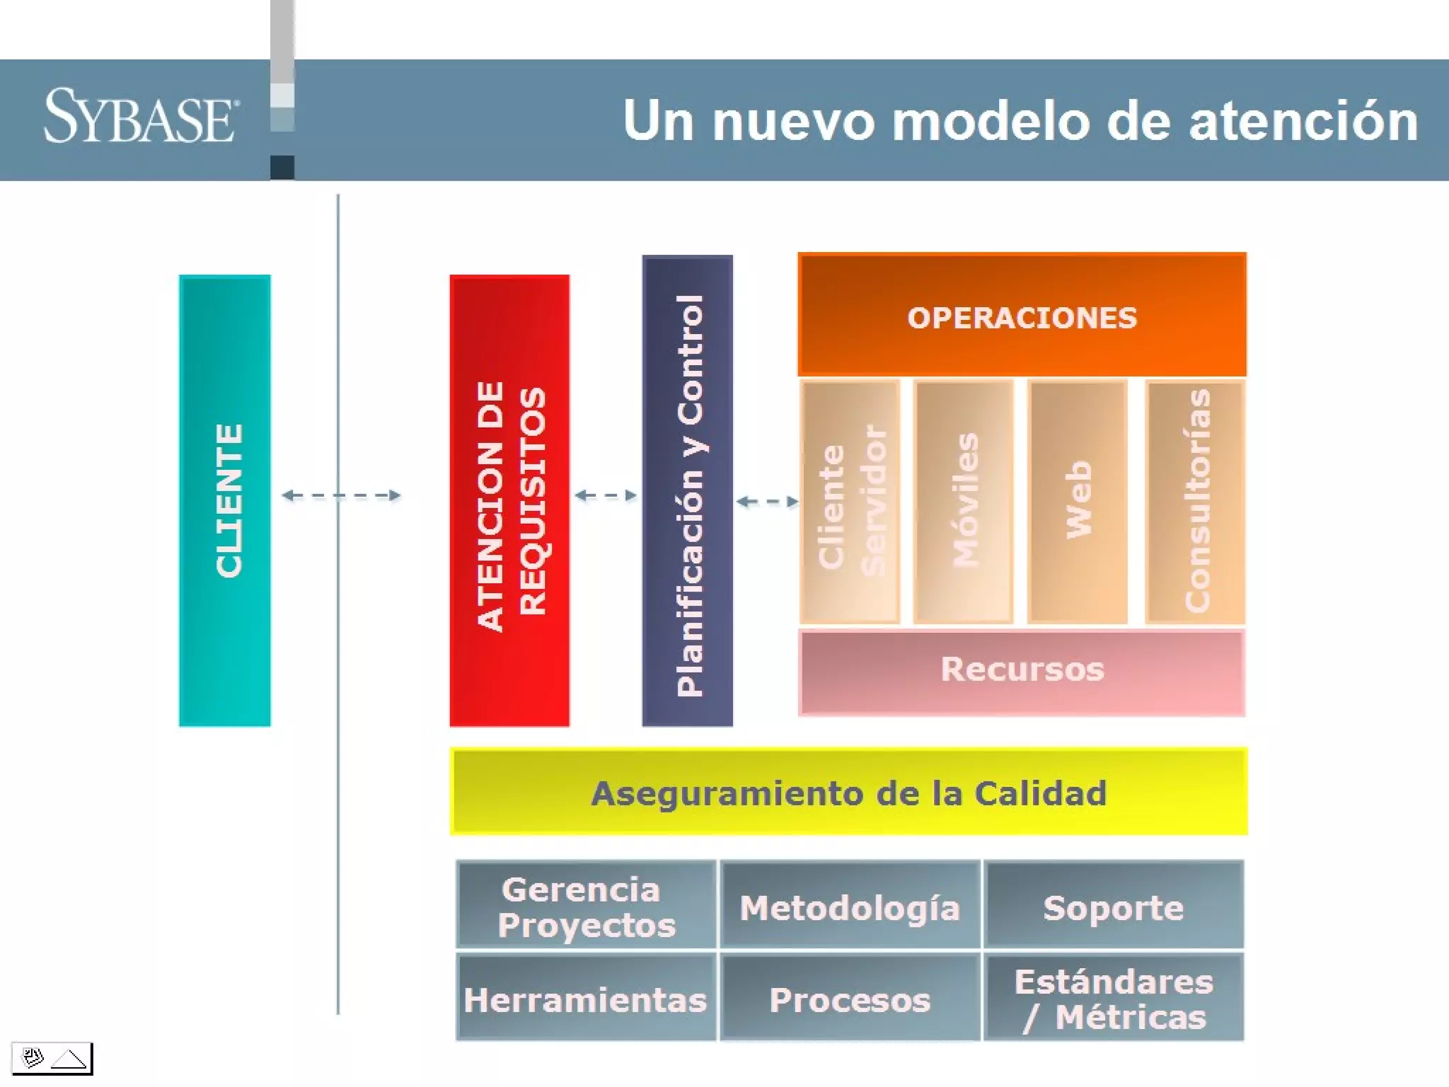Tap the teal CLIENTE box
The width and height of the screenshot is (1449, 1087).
coord(225,500)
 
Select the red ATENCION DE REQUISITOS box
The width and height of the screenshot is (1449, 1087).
coord(509,500)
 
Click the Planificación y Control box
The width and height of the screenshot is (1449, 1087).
coord(688,491)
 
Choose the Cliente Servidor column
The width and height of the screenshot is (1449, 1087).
coord(850,502)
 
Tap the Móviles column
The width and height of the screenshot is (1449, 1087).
coord(964,502)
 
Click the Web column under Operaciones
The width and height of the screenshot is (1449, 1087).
coord(1078,502)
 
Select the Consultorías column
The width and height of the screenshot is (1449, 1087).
coord(1196,502)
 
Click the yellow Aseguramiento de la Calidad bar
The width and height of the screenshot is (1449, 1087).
coord(848,792)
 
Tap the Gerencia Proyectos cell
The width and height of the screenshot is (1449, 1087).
coord(587,905)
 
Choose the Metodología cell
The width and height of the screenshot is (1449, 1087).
coord(850,905)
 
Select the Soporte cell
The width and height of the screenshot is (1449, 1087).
coord(1114,905)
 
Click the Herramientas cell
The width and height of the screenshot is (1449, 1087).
coord(587,998)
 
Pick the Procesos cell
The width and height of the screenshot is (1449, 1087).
coord(850,998)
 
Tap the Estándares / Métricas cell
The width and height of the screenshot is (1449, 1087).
coord(1114,998)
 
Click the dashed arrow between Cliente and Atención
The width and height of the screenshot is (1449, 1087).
coord(342,495)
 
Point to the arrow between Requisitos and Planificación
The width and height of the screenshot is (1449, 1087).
coord(606,495)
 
